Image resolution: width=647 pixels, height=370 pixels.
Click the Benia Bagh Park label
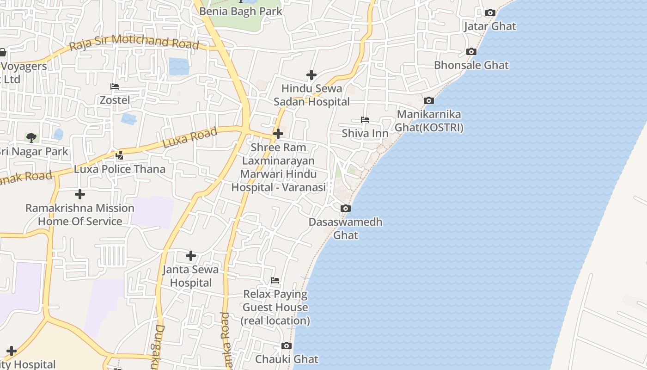pos(240,11)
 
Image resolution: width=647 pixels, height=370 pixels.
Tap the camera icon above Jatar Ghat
pos(490,13)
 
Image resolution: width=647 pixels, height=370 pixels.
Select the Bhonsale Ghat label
pos(471,65)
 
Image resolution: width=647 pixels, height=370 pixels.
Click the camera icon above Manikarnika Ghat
pos(429,100)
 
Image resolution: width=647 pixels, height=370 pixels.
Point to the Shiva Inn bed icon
pos(365,120)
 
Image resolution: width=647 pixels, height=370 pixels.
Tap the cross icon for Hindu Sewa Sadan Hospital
pos(311,74)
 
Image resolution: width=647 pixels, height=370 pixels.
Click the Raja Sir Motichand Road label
pos(134,43)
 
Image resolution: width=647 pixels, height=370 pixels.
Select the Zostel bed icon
pos(115,86)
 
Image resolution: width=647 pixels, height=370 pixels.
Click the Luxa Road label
pos(190,138)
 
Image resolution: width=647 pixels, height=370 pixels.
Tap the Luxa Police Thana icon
pos(120,155)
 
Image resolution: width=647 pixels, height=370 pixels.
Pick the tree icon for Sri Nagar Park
pos(31,137)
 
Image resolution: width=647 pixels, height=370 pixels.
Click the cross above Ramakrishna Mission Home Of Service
pos(80,194)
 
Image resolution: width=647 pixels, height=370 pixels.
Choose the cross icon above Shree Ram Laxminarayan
pos(278,134)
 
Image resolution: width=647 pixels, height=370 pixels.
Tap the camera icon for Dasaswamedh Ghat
pos(346,209)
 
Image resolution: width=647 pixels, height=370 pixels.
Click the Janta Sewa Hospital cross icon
pos(191,255)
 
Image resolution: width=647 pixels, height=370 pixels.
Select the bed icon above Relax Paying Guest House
pos(275,280)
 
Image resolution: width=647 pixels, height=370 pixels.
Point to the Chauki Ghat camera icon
pos(287,345)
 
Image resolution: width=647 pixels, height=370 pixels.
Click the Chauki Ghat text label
pos(287,359)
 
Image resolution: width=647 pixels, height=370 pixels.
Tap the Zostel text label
pos(115,100)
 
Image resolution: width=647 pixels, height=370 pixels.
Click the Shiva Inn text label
pos(365,134)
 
